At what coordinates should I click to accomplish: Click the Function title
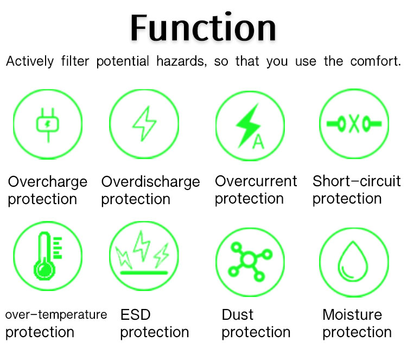(x=203, y=28)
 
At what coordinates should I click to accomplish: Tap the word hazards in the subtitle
(x=181, y=61)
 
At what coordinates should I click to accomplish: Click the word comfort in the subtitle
(x=376, y=61)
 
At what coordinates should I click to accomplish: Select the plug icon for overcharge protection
(x=48, y=125)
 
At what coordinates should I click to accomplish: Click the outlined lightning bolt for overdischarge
(x=144, y=124)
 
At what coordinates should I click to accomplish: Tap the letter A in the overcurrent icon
(x=258, y=142)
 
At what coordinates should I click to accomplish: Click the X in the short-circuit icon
(x=354, y=124)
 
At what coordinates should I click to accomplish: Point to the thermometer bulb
(x=44, y=270)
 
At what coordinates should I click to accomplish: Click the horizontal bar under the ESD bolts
(x=144, y=273)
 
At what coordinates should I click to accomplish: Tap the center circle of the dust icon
(x=249, y=259)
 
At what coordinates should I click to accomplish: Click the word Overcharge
(x=48, y=182)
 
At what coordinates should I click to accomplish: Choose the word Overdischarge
(x=150, y=182)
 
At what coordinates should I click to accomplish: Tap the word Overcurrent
(x=256, y=181)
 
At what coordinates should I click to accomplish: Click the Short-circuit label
(x=357, y=181)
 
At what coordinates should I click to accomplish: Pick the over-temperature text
(x=56, y=315)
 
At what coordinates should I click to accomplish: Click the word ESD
(x=136, y=315)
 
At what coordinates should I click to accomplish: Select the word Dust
(x=238, y=315)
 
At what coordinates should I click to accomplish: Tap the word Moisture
(x=352, y=315)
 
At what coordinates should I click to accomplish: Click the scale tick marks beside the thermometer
(x=58, y=248)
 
